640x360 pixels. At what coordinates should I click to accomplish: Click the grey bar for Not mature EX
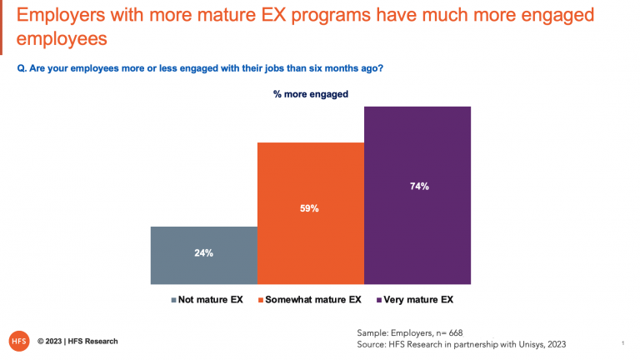[x=204, y=255]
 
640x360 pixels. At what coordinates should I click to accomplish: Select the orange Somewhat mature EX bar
[x=310, y=213]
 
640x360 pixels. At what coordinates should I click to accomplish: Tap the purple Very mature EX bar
[x=417, y=195]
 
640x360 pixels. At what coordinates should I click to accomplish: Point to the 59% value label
[x=310, y=208]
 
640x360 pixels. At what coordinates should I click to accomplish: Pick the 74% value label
[x=418, y=187]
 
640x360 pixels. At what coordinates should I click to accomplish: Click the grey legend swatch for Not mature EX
[x=173, y=299]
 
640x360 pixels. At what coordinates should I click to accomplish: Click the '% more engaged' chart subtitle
[x=311, y=94]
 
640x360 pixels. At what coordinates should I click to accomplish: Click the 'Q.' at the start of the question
[x=22, y=69]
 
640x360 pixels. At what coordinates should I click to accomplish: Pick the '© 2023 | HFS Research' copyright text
[x=77, y=342]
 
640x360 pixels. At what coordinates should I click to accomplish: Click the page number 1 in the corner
[x=622, y=342]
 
